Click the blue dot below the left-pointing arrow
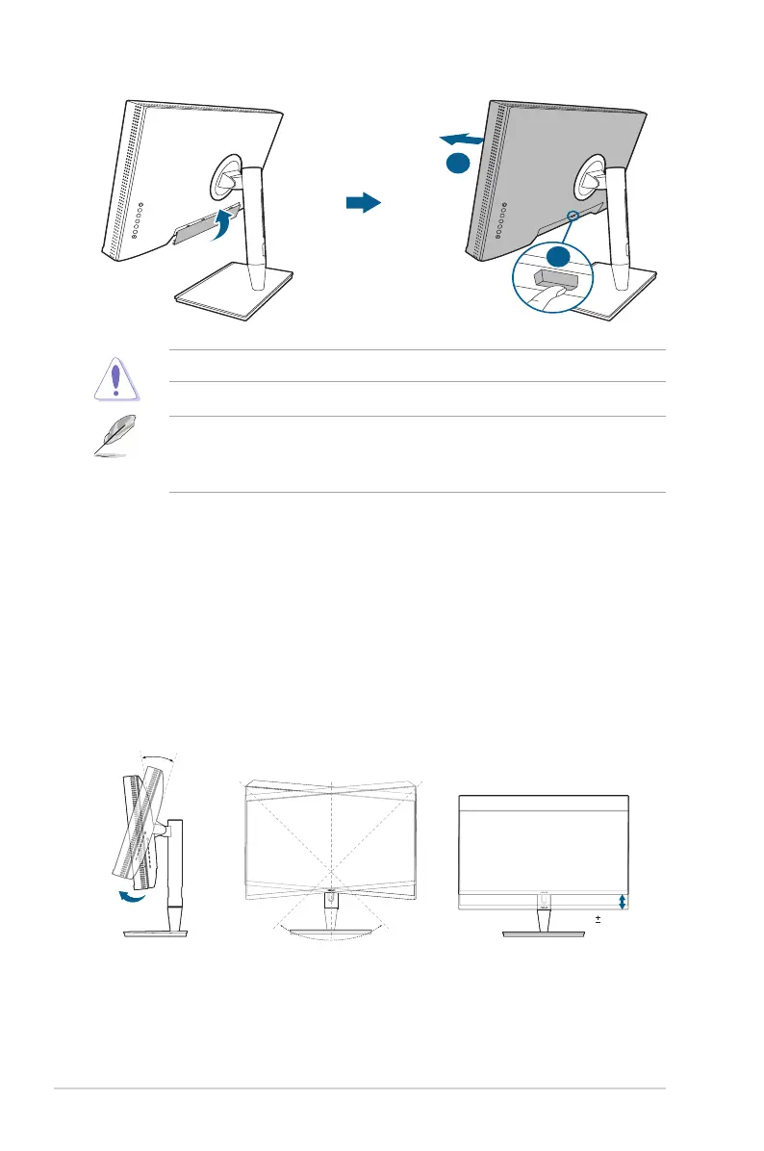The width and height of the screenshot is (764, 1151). pyautogui.click(x=458, y=165)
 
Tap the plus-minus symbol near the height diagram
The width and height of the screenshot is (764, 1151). pyautogui.click(x=598, y=920)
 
